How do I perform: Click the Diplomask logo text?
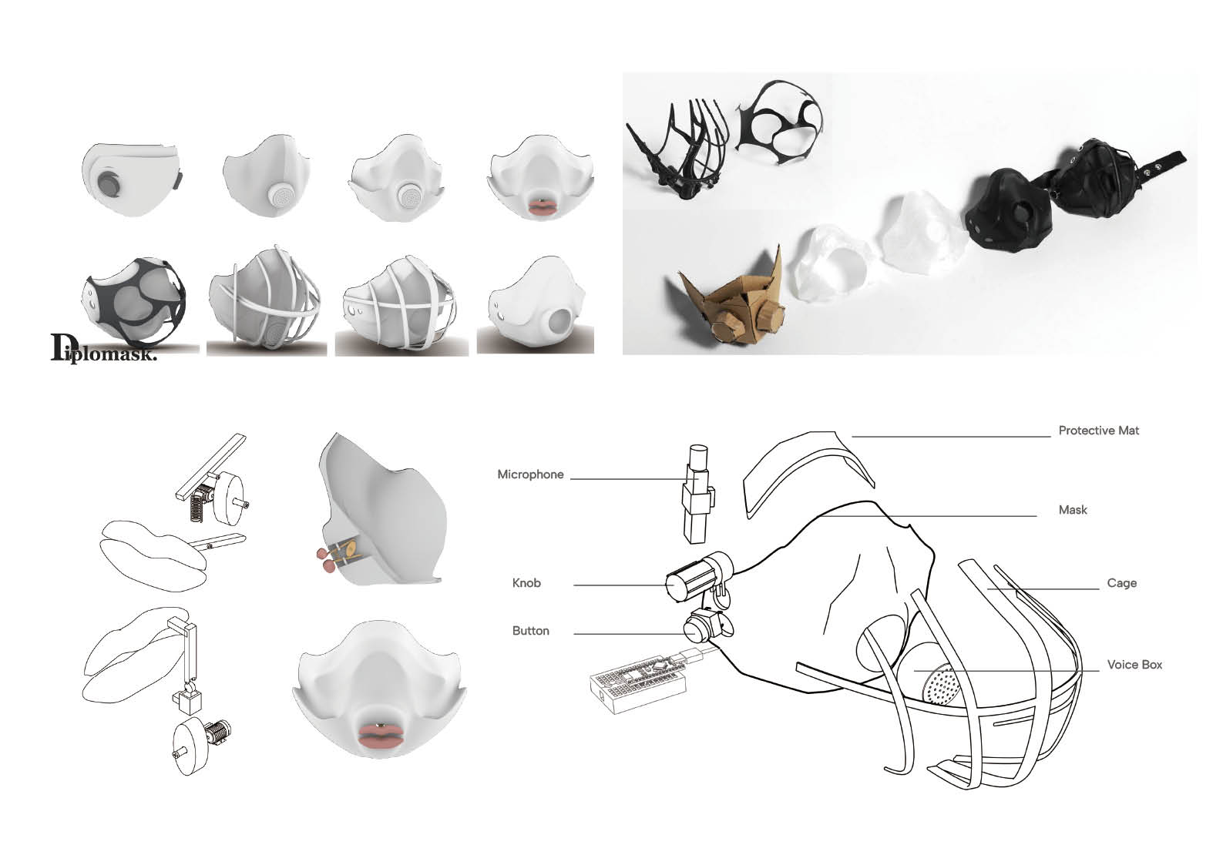(104, 348)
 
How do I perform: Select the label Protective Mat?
(1098, 431)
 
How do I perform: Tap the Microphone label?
(530, 474)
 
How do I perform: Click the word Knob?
(526, 583)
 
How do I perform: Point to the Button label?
(530, 631)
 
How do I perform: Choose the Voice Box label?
(1134, 665)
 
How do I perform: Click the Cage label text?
(1121, 583)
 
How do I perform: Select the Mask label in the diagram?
(1072, 510)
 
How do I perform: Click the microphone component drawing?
(697, 494)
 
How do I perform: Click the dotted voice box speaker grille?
(940, 685)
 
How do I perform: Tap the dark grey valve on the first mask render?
(111, 184)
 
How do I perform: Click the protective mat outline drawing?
(808, 472)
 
